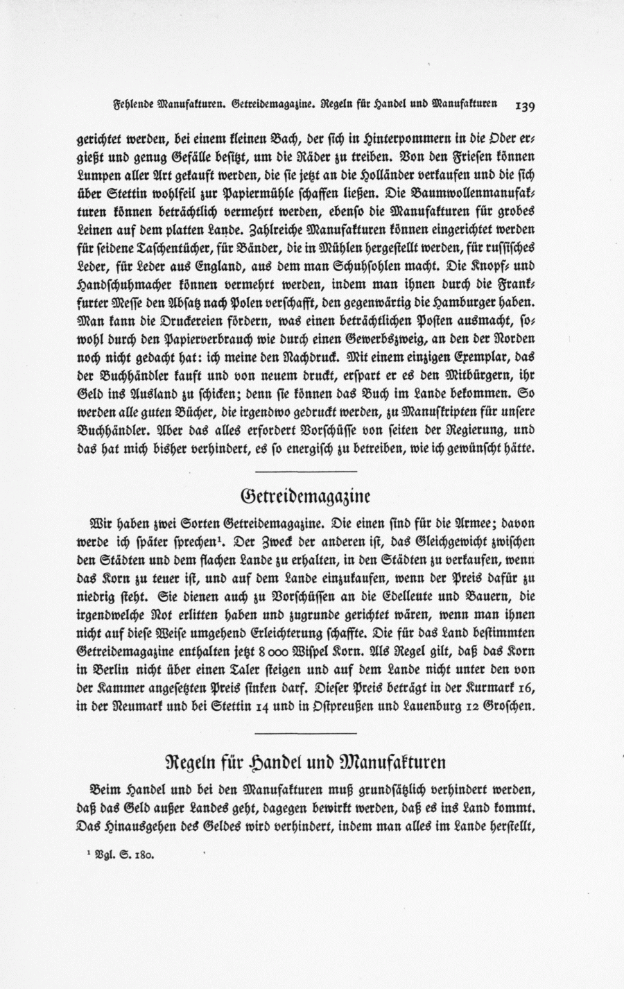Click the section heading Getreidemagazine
304,496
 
